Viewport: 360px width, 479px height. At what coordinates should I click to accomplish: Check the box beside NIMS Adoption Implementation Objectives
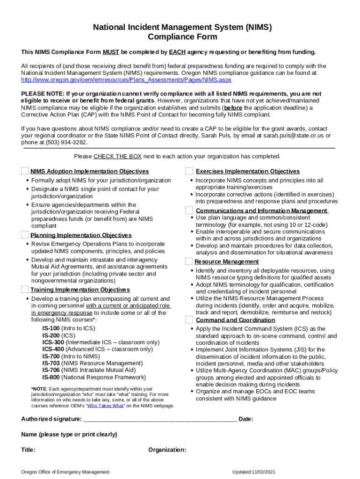pos(25,171)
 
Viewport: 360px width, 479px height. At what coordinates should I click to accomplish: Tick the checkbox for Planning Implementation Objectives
pos(25,234)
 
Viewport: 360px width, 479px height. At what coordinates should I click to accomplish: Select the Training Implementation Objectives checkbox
pos(25,289)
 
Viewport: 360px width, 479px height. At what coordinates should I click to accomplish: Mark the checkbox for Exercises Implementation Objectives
pos(189,171)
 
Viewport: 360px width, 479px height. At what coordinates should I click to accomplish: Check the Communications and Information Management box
pos(189,210)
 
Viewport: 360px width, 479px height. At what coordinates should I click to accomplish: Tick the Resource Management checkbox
pos(189,261)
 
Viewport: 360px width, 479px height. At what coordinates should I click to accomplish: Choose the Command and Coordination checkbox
pos(189,319)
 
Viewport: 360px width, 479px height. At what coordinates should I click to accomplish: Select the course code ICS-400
pos(53,349)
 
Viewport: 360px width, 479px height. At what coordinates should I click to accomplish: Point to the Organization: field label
pos(167,450)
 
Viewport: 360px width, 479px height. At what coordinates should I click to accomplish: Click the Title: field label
pos(28,450)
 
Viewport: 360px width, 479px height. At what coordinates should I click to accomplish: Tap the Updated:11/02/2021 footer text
pos(257,472)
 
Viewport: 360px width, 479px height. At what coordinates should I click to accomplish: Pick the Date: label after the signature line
pos(246,419)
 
